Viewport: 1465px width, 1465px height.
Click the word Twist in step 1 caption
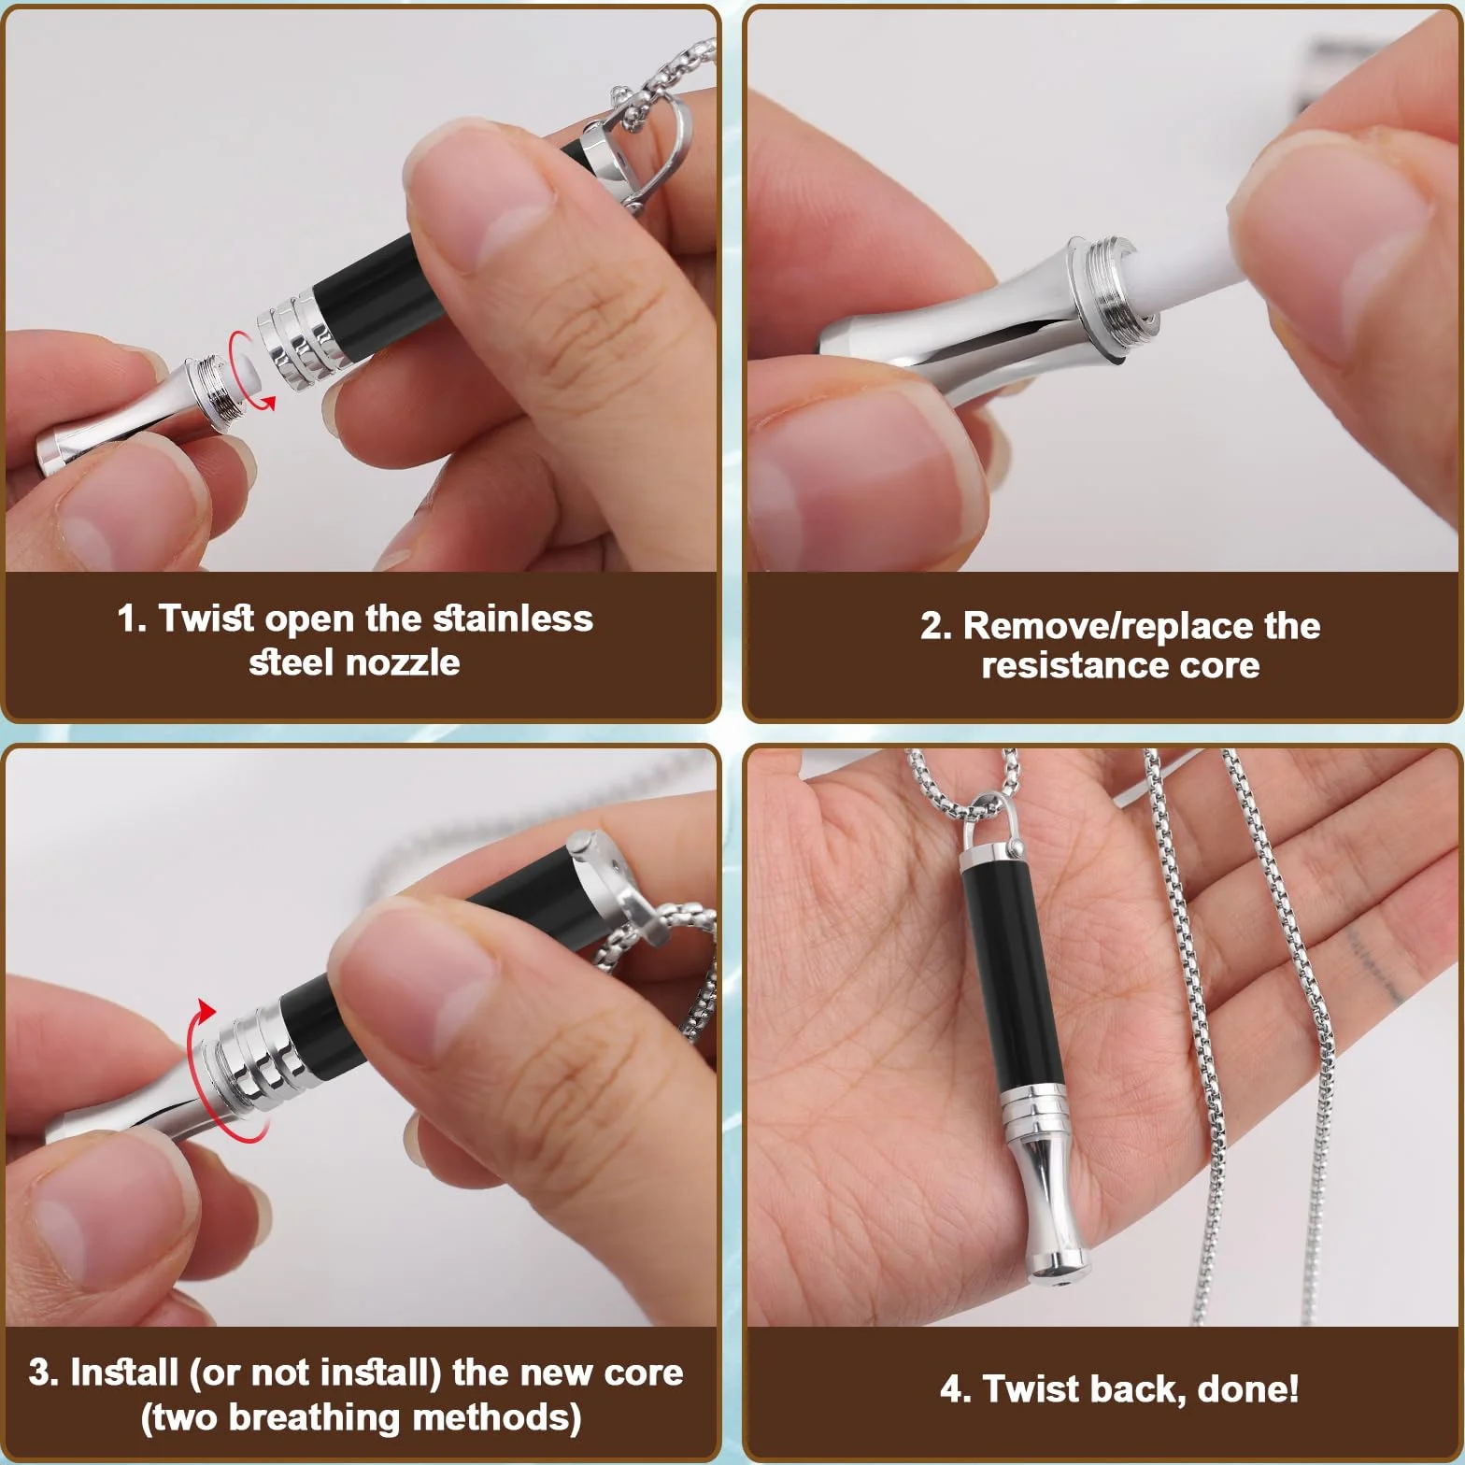(x=206, y=619)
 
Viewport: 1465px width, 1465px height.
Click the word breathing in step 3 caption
(x=315, y=1417)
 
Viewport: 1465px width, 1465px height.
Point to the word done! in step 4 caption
(x=1247, y=1389)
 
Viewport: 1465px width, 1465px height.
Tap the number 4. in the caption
(x=956, y=1389)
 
